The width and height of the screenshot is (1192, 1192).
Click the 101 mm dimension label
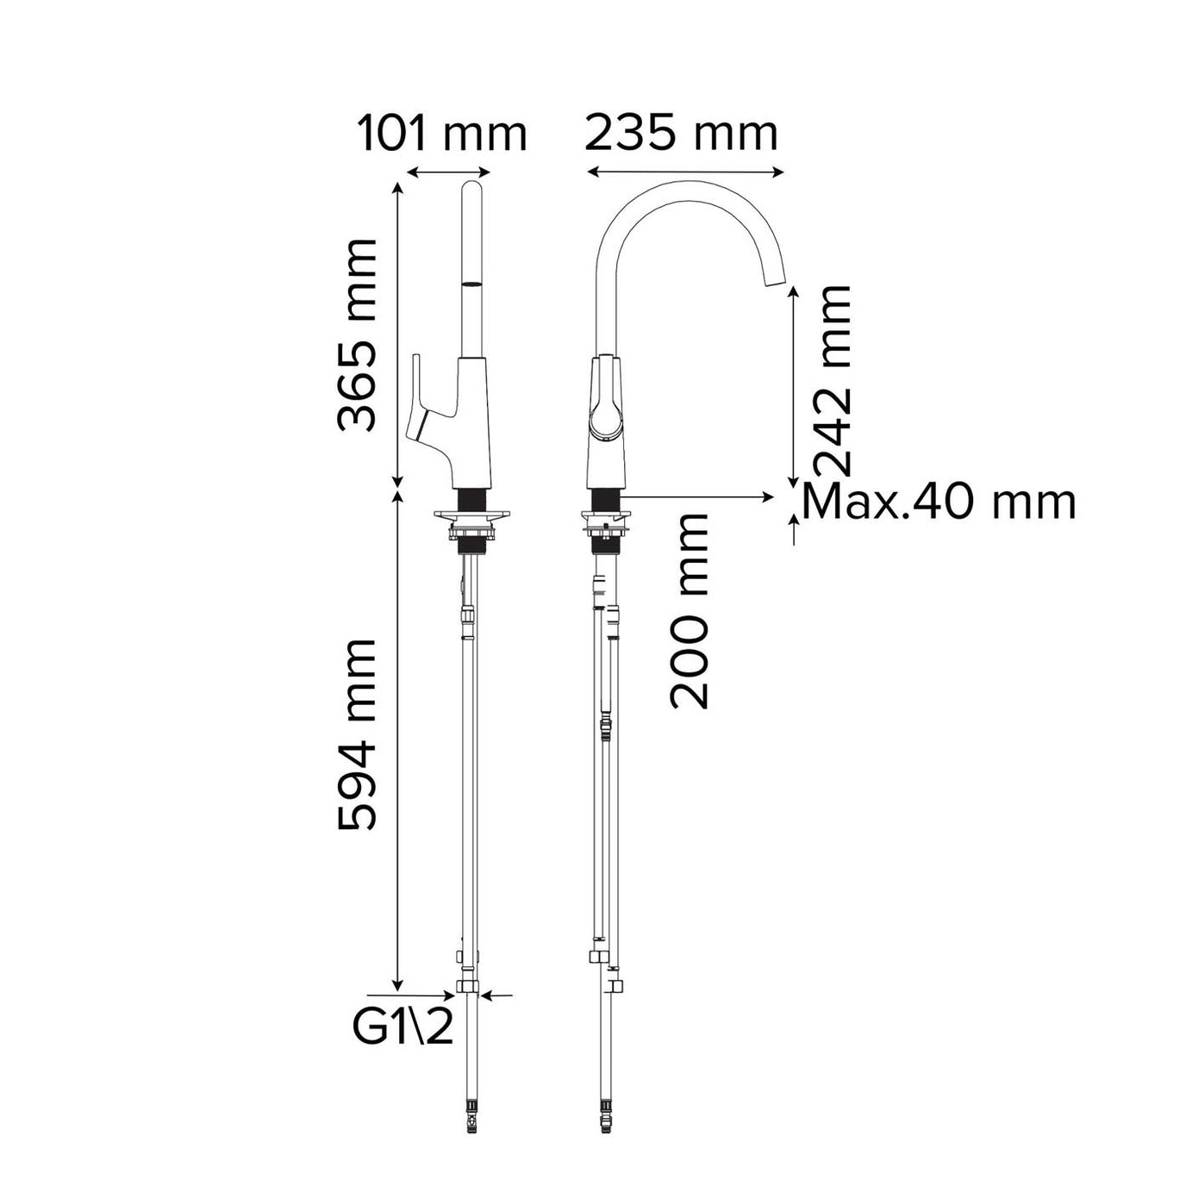[441, 134]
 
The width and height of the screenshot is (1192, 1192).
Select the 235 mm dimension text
[681, 134]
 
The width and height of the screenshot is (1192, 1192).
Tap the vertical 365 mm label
[356, 334]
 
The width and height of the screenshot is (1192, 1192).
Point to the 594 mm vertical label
[356, 733]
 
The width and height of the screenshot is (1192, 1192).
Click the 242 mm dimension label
[832, 379]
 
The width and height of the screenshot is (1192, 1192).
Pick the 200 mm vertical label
[688, 610]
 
